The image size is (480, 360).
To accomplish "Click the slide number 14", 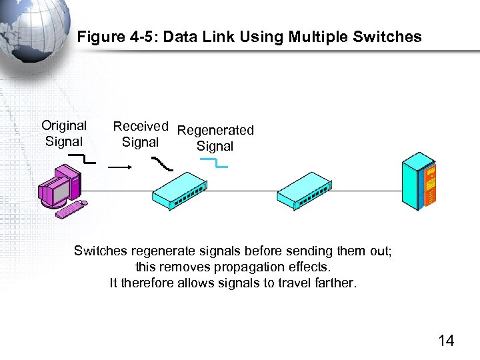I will (x=446, y=341).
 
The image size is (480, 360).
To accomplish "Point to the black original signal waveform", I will (x=83, y=159).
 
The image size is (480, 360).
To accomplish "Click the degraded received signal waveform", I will (x=162, y=163).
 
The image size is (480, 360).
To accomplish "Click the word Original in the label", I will (x=64, y=125).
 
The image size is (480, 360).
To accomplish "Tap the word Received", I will (x=140, y=126).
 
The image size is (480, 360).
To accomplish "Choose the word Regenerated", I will (x=215, y=130).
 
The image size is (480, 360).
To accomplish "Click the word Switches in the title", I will (x=388, y=37).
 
